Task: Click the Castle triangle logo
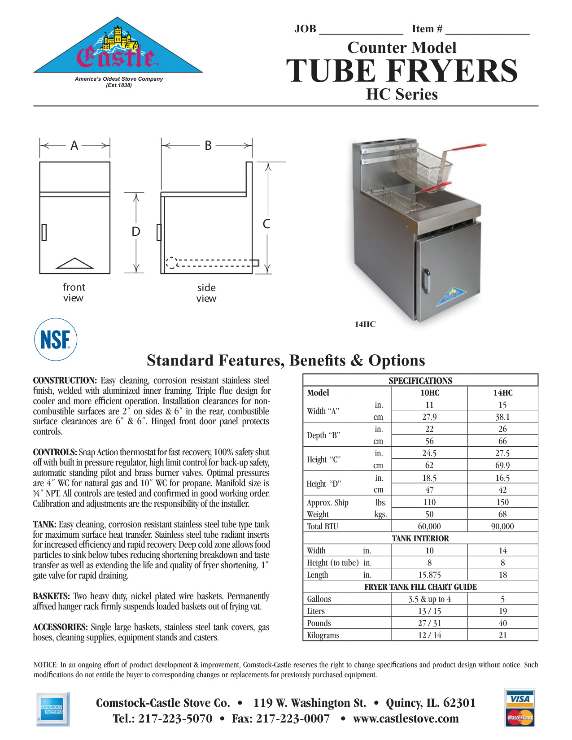tap(118, 49)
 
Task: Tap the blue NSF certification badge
tap(56, 340)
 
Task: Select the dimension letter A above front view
tap(74, 145)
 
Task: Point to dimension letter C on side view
tap(266, 224)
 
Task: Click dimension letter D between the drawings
tap(136, 231)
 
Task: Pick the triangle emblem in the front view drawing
tap(74, 263)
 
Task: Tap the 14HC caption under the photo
tap(365, 324)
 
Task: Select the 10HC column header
tap(429, 393)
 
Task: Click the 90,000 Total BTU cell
tap(502, 527)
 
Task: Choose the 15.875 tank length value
tap(429, 575)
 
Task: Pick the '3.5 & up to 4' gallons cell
tap(429, 599)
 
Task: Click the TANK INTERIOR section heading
tap(420, 539)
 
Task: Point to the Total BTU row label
tap(323, 527)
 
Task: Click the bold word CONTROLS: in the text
tap(55, 452)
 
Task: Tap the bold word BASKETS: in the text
tap(51, 596)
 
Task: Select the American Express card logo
tap(52, 709)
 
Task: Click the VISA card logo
tap(520, 698)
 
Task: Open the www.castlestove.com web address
tap(406, 718)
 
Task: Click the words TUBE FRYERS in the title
tap(402, 71)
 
